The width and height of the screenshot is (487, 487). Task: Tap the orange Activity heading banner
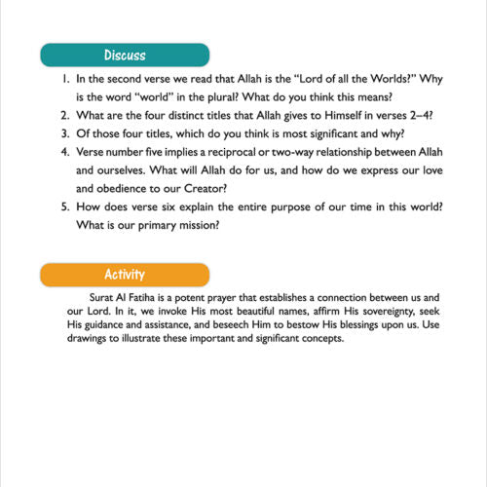pyautogui.click(x=126, y=275)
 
